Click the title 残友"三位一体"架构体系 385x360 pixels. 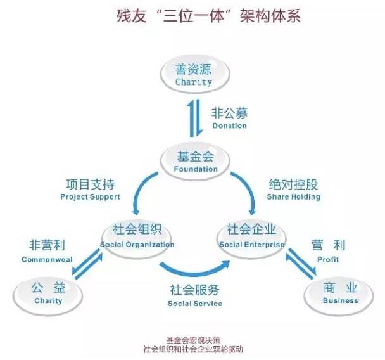(x=192, y=16)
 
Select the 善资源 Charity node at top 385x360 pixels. (x=193, y=75)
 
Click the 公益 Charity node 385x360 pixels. (x=48, y=293)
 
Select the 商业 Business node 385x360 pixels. (x=340, y=293)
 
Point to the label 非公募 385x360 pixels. (x=229, y=113)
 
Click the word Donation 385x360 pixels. (x=229, y=125)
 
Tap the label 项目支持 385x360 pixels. (x=90, y=185)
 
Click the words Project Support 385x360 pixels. (x=90, y=197)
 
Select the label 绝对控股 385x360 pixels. (x=293, y=185)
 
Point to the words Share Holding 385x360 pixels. (x=293, y=197)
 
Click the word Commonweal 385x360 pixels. (x=47, y=259)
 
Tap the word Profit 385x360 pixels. (x=328, y=259)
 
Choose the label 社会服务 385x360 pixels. (x=194, y=291)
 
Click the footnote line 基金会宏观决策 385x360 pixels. (x=192, y=339)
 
